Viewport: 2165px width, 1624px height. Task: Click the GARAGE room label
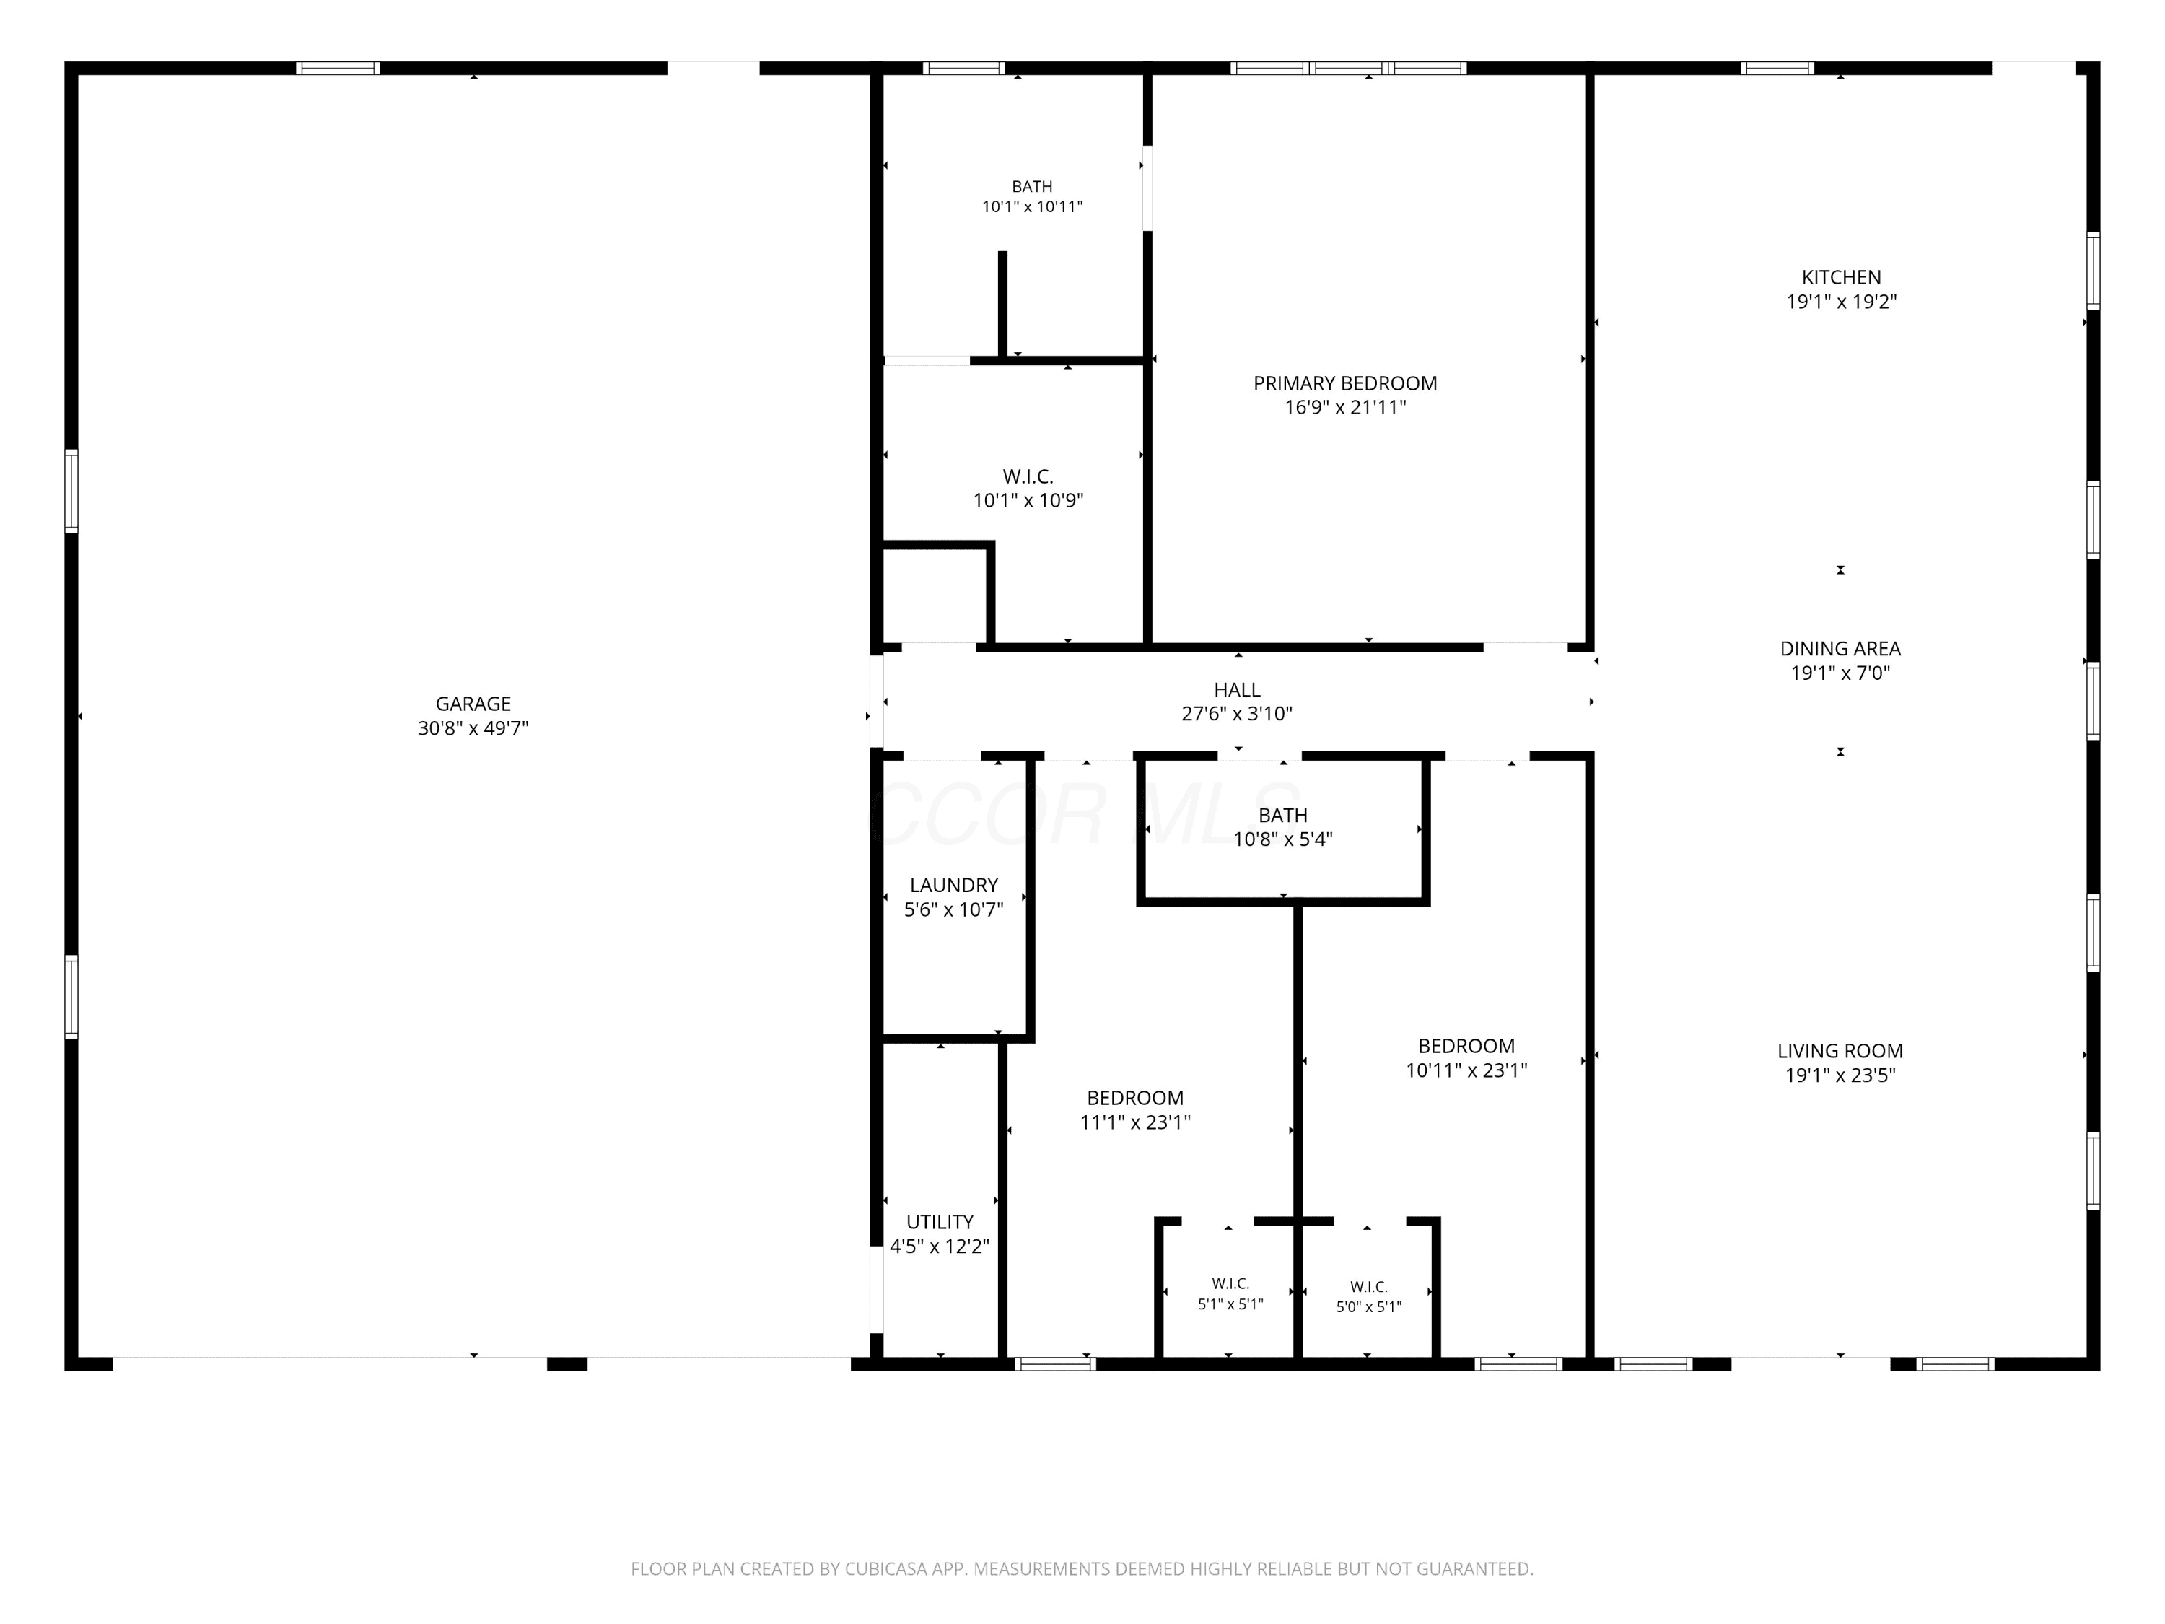[x=473, y=704]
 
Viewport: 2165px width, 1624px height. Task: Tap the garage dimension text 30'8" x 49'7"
[x=473, y=728]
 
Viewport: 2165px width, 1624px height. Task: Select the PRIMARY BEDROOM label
[x=1346, y=384]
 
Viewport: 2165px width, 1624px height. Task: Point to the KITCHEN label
[x=1842, y=278]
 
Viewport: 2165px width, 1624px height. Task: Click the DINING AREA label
[x=1841, y=649]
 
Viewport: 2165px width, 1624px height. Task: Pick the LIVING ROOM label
[x=1841, y=1052]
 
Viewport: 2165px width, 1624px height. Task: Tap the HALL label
[x=1237, y=690]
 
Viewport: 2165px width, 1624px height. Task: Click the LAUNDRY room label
[x=954, y=886]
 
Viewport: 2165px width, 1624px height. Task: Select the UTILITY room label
[x=940, y=1223]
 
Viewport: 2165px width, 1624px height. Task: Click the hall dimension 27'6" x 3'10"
[x=1237, y=715]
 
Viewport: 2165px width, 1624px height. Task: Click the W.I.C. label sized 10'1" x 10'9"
[x=1028, y=476]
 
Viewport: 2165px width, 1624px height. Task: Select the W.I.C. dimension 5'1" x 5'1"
[x=1231, y=1305]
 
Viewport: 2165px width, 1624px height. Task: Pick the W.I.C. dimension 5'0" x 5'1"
[x=1369, y=1308]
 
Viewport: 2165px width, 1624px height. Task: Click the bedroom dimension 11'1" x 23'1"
[x=1135, y=1123]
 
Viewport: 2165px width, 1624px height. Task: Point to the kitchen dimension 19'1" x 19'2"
[x=1842, y=302]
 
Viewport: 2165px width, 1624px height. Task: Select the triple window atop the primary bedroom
[x=1349, y=69]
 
